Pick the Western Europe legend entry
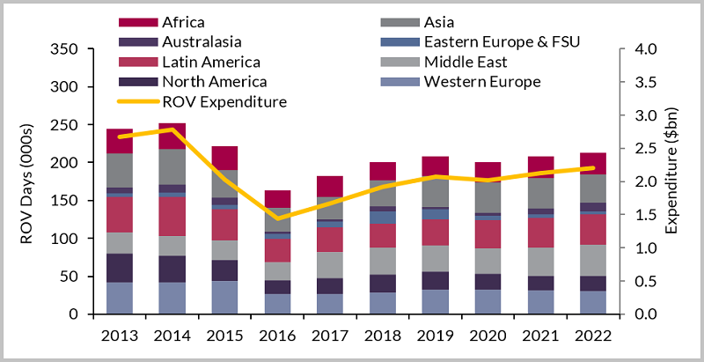pos(481,82)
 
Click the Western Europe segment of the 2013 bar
pos(119,298)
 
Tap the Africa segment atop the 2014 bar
pos(172,136)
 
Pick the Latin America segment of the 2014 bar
pos(172,216)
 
